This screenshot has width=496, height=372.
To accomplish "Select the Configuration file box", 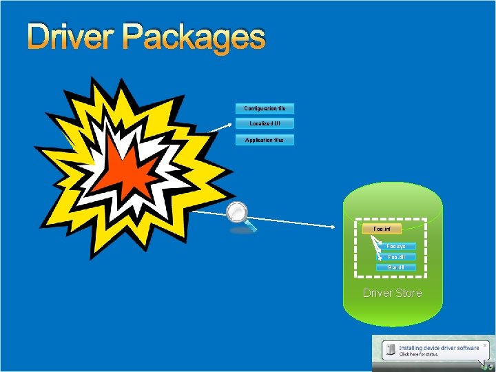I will (x=265, y=108).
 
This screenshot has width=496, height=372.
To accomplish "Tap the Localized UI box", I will (x=265, y=123).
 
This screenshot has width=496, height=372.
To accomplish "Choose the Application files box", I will (x=265, y=140).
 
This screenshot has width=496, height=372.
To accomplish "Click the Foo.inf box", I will (x=382, y=228).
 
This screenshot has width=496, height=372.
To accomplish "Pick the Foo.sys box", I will (x=396, y=246).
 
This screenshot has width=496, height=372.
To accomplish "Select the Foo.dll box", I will (x=396, y=257).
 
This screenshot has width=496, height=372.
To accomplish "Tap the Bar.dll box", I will (x=396, y=267).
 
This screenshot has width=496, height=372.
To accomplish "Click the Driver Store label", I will (x=392, y=293).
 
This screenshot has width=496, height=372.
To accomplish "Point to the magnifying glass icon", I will (x=239, y=214).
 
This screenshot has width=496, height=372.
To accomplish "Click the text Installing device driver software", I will (x=438, y=348).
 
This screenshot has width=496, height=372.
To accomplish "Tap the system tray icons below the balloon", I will (x=487, y=366).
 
